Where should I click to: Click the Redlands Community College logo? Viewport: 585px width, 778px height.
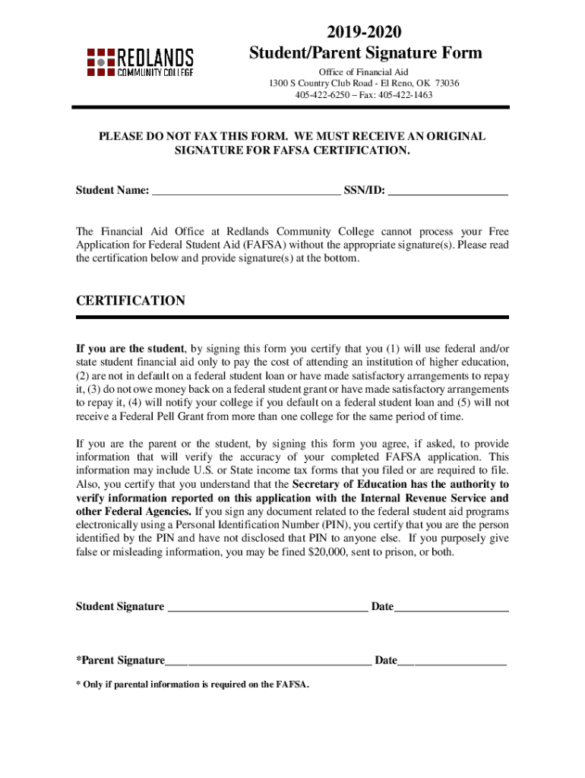tap(141, 62)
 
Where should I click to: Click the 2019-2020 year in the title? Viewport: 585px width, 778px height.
tap(365, 32)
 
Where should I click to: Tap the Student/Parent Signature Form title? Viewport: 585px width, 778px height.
tap(365, 53)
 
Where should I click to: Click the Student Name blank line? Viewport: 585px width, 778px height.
tap(246, 191)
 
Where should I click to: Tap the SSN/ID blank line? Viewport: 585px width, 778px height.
tap(447, 191)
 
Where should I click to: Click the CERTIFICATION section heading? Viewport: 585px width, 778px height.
tap(131, 301)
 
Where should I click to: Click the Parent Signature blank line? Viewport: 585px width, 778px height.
tap(269, 661)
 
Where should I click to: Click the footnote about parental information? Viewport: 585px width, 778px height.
tap(192, 685)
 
